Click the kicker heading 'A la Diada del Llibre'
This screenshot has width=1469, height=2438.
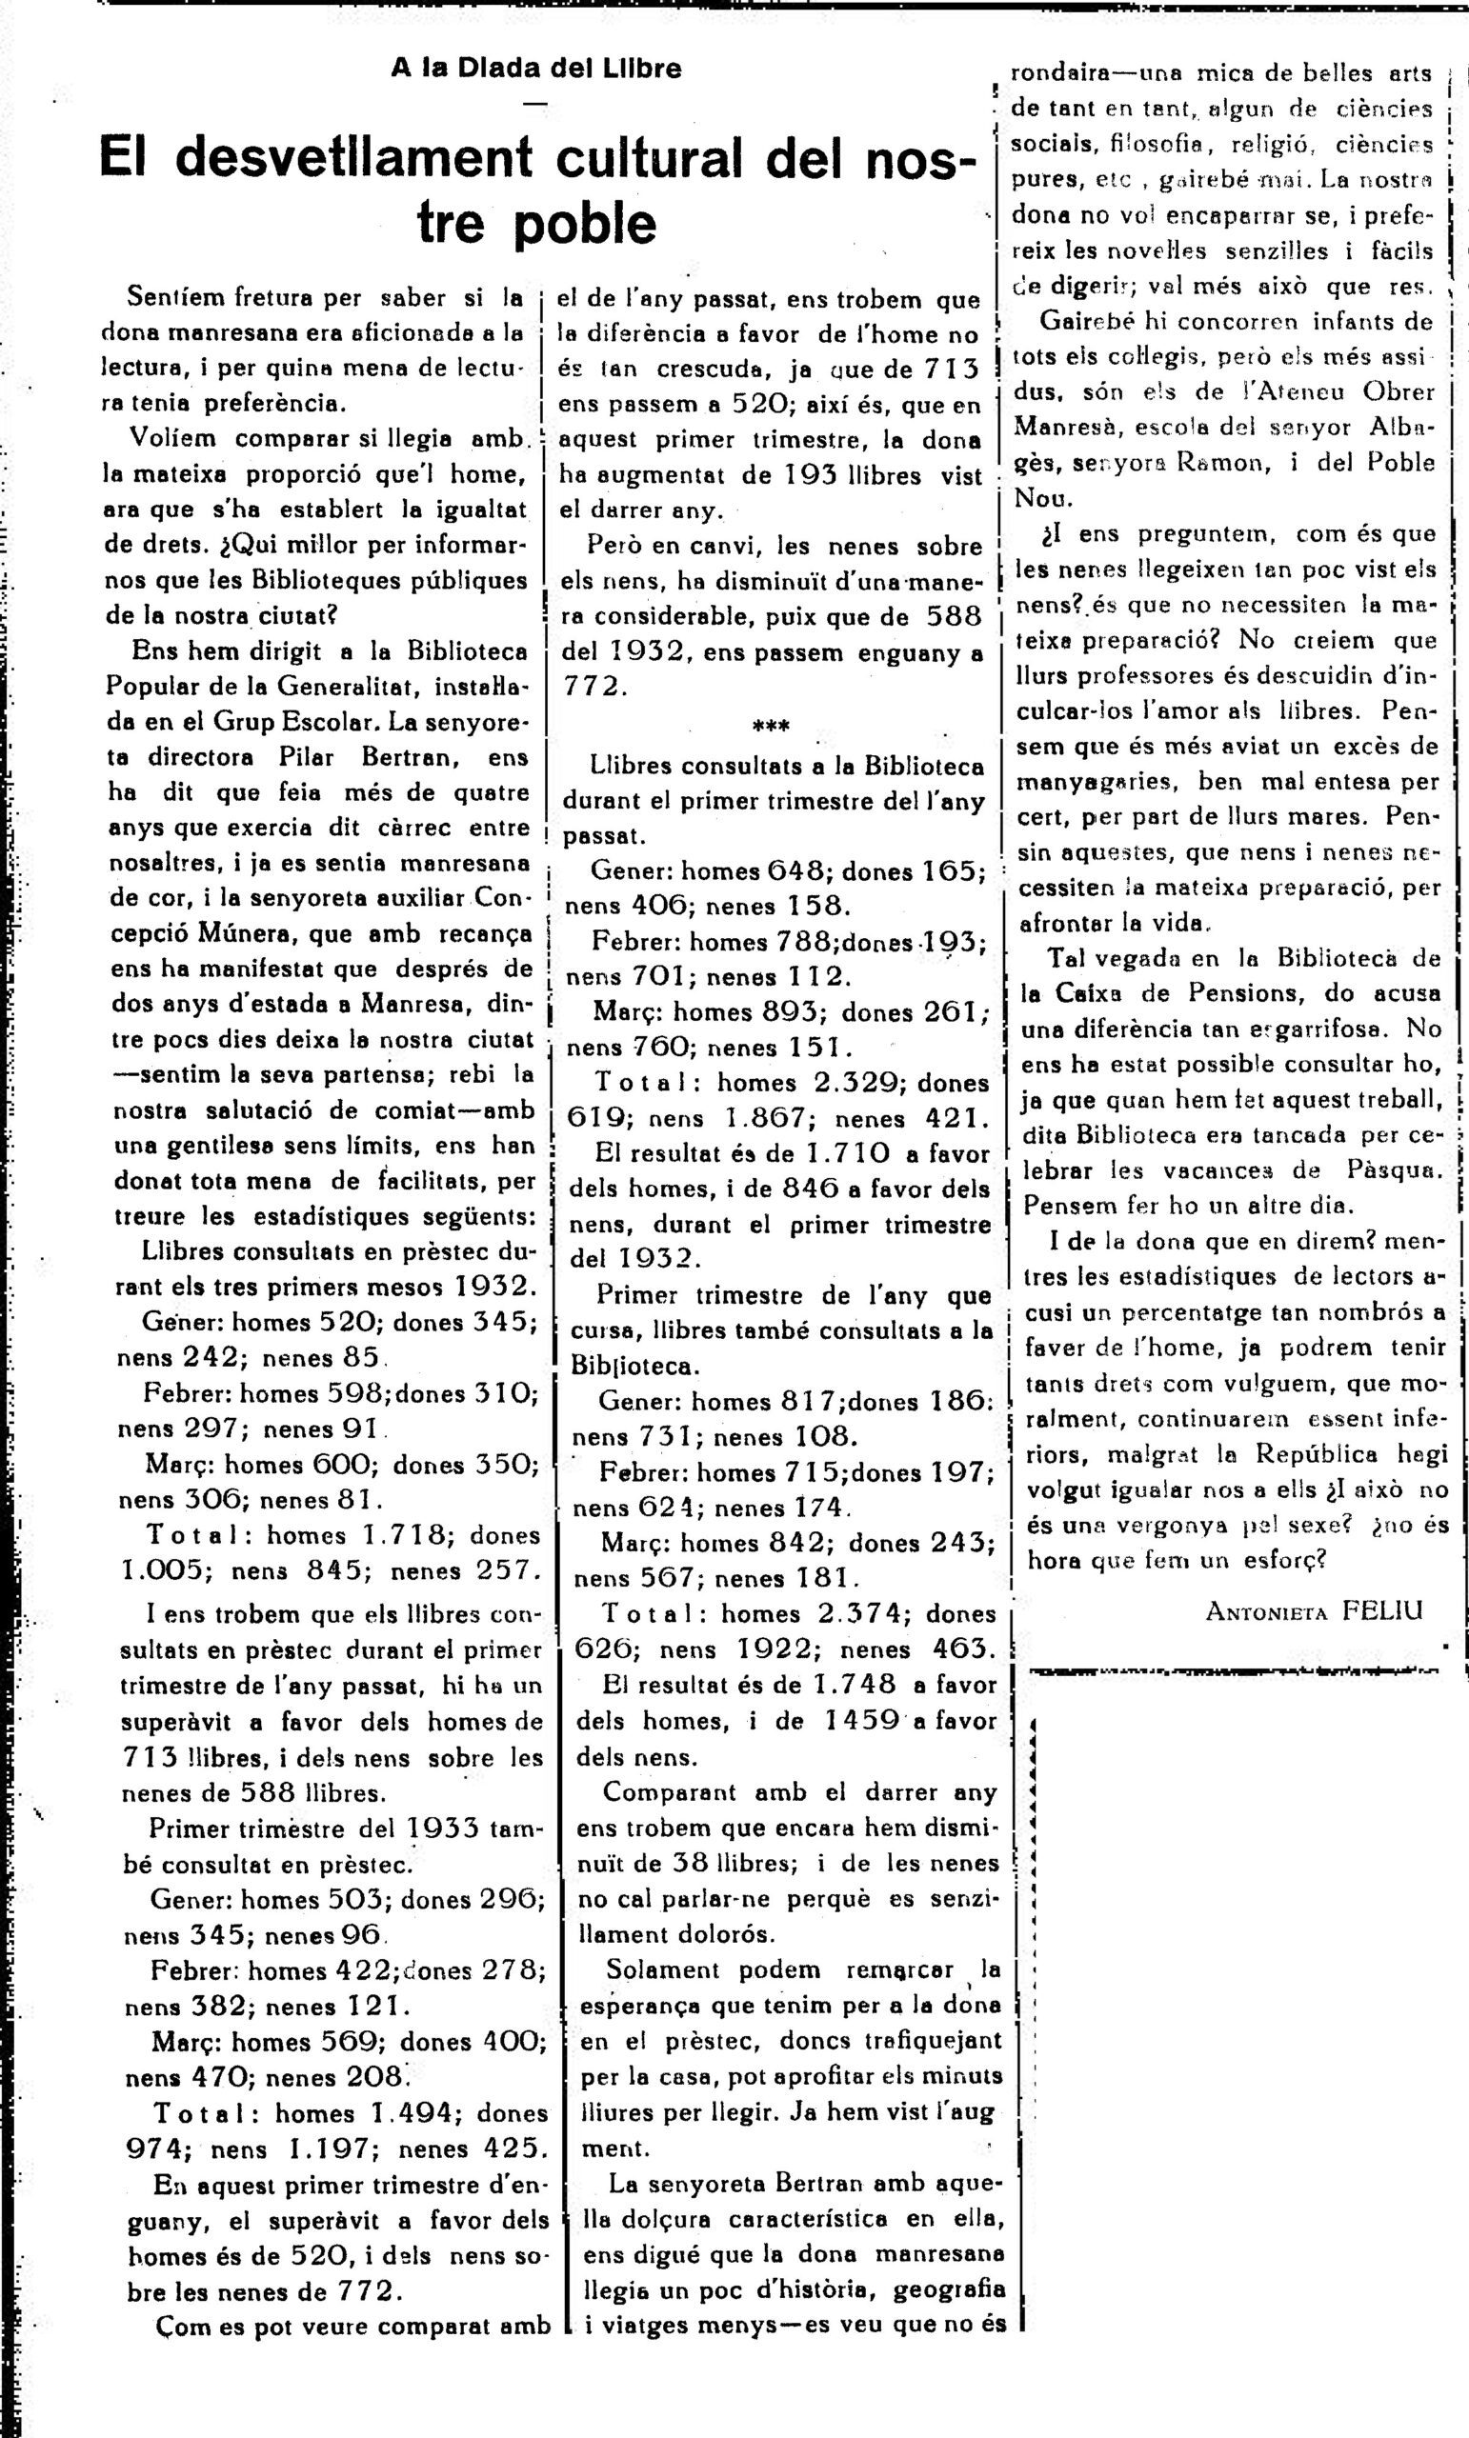click(535, 69)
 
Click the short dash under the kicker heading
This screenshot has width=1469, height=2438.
click(535, 104)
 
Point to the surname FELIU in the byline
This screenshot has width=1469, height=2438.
click(1382, 1609)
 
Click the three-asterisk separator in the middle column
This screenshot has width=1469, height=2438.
click(771, 728)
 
